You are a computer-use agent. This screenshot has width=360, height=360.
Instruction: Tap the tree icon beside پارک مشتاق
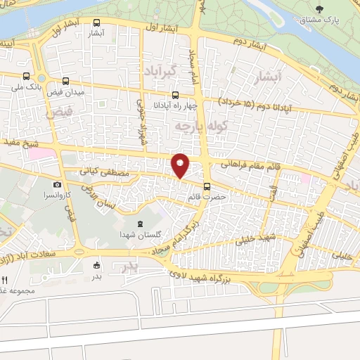[x=320, y=9]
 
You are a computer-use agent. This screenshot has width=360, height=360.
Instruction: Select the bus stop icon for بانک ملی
[x=26, y=77]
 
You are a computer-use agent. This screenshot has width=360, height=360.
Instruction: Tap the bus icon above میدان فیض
[x=65, y=81]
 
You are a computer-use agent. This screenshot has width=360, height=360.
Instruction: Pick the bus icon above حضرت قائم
[x=207, y=186]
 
